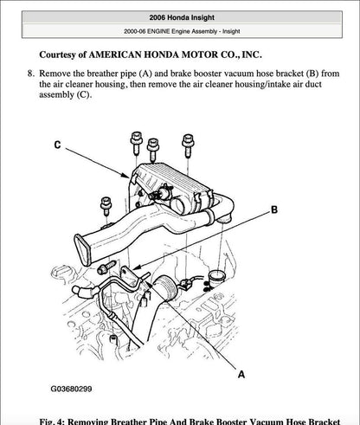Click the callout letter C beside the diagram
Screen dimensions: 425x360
tap(58, 145)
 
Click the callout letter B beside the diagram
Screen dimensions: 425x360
tap(273, 210)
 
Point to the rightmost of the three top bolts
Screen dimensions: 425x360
tap(187, 143)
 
